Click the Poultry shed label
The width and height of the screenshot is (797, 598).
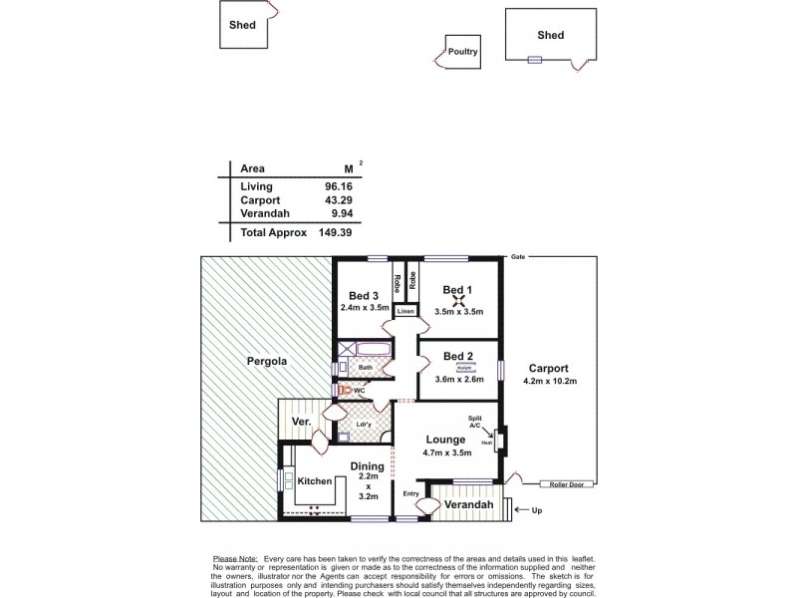[464, 51]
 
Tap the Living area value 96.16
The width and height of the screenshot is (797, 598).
[340, 185]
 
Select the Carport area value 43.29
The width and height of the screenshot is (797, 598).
[340, 199]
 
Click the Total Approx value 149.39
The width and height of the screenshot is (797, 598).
[337, 232]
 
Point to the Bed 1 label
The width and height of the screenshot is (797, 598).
[458, 289]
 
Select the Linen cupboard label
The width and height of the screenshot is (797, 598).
[405, 312]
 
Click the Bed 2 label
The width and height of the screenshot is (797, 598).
[458, 356]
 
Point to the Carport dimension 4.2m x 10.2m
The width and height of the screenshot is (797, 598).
[550, 382]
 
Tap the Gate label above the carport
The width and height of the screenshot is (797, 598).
[517, 257]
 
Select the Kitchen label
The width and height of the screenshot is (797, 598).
[315, 481]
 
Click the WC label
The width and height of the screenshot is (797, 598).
[357, 391]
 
